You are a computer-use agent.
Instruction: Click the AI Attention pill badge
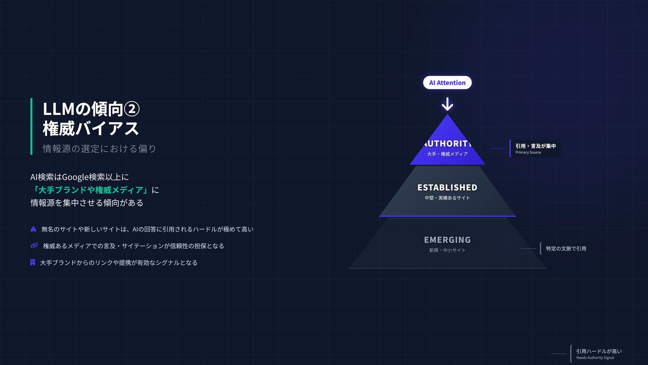pos(447,83)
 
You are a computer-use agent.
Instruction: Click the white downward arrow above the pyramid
pos(447,104)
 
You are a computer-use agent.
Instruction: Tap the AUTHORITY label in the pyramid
pos(447,144)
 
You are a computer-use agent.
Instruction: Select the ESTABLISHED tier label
pos(447,188)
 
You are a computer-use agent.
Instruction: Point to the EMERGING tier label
pos(447,240)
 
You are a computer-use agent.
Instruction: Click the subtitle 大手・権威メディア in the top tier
pos(447,154)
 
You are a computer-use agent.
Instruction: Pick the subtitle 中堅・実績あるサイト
pos(447,198)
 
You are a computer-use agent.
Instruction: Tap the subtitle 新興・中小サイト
pos(447,250)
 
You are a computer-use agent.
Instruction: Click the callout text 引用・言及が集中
pos(535,146)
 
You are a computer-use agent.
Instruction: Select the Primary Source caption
pos(528,152)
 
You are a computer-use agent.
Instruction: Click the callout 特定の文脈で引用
pos(566,249)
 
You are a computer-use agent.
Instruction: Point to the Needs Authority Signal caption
pos(595,358)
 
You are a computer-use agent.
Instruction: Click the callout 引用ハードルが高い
pos(598,351)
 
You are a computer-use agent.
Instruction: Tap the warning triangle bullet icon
pos(33,229)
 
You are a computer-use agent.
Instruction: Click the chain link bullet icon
pos(34,246)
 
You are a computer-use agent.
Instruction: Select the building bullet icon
pos(33,262)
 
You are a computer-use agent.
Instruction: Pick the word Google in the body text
pos(75,177)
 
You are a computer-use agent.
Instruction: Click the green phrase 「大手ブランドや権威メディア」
pos(90,190)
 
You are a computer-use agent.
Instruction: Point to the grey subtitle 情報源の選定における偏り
pos(99,149)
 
